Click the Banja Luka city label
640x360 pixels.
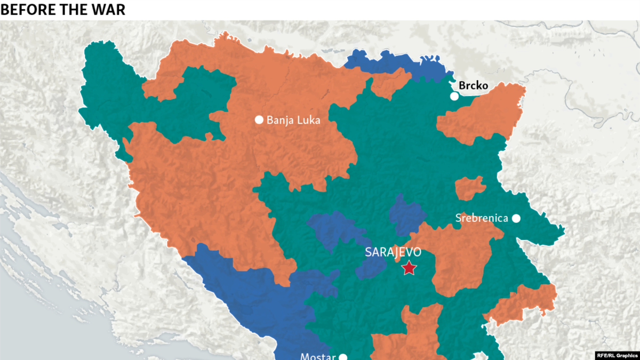pyautogui.click(x=293, y=121)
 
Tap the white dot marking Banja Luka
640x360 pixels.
pyautogui.click(x=259, y=120)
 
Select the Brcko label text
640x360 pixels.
pyautogui.click(x=474, y=85)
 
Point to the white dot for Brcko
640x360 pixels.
pyautogui.click(x=454, y=97)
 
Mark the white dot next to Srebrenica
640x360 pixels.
pyautogui.click(x=516, y=218)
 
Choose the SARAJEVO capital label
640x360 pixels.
pyautogui.click(x=393, y=252)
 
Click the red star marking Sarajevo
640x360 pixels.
pyautogui.click(x=409, y=268)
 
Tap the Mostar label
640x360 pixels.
pyautogui.click(x=318, y=356)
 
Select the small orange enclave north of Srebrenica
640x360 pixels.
pyautogui.click(x=470, y=188)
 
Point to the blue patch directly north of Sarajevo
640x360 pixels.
pyautogui.click(x=406, y=213)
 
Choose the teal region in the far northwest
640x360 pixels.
pyautogui.click(x=107, y=96)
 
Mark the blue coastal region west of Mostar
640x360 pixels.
pyautogui.click(x=251, y=299)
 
